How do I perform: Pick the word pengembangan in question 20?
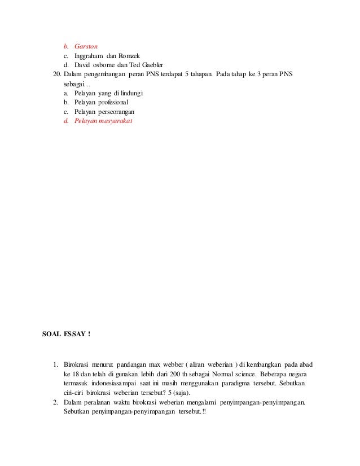pos(104,75)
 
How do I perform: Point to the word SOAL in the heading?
pos(52,334)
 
